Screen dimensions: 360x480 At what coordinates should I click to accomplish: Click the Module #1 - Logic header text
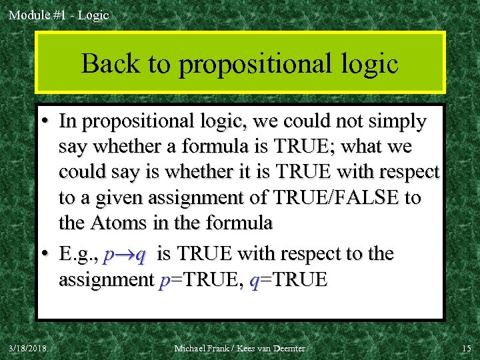(58, 15)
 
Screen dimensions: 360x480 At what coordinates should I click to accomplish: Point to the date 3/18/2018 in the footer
(28, 348)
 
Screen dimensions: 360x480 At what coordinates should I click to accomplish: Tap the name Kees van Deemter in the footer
(275, 348)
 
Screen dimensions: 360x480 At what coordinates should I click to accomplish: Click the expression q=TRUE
(288, 280)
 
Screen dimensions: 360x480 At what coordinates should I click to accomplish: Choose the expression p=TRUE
(199, 280)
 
